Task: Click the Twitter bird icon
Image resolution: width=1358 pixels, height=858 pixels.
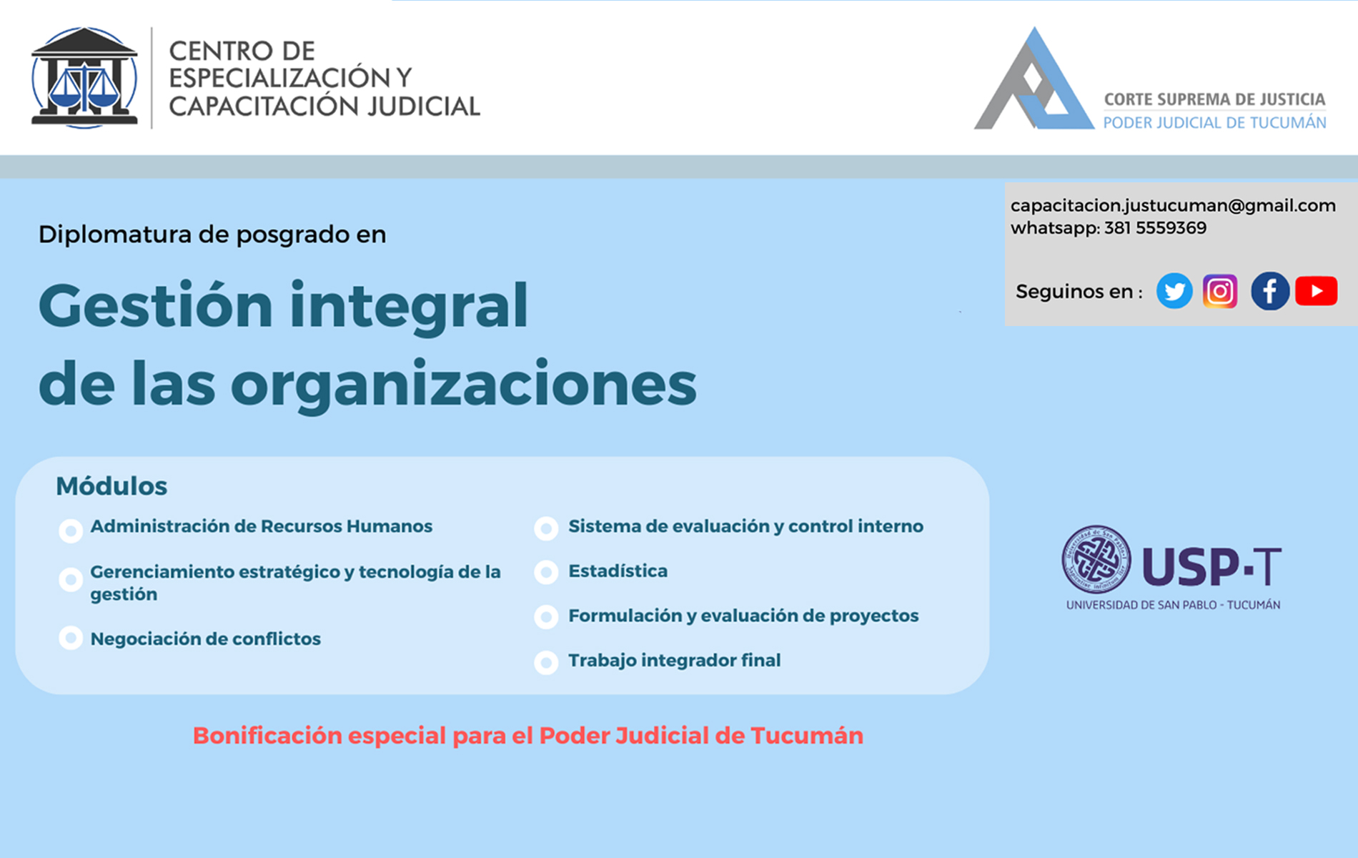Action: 1174,291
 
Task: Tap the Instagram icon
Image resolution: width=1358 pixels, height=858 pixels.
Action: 1220,291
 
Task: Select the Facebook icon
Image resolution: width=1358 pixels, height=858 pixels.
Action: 1270,291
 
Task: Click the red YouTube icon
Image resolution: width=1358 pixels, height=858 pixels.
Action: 1317,291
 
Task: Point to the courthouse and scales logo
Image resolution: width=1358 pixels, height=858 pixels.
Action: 84,78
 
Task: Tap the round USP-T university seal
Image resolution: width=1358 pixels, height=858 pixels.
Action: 1096,560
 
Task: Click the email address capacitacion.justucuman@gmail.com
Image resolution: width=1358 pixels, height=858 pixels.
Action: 1173,206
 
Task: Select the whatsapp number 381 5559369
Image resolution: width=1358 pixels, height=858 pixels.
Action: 1155,228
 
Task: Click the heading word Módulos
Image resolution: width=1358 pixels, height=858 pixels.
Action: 111,486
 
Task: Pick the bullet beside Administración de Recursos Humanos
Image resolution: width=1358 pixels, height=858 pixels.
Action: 71,531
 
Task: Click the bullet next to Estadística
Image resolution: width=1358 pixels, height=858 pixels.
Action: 546,572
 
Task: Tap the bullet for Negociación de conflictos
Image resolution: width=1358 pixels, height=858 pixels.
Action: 71,637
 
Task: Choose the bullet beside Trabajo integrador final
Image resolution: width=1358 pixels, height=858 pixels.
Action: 546,663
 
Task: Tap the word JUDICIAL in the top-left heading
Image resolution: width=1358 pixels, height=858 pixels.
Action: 424,106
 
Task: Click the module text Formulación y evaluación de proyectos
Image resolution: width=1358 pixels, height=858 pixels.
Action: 743,616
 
